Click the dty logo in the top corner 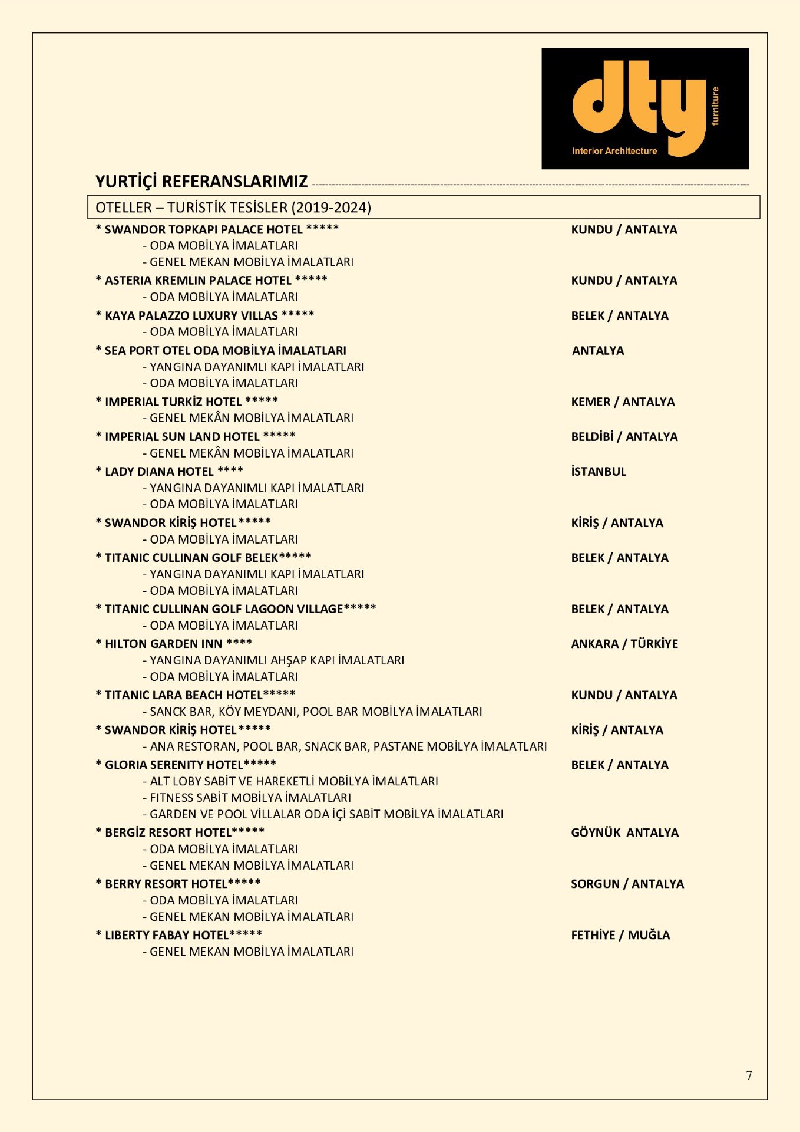pyautogui.click(x=644, y=108)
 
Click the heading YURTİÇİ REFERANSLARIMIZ pyautogui.click(x=201, y=182)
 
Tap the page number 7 pyautogui.click(x=749, y=1075)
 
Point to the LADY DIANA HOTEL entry pyautogui.click(x=169, y=472)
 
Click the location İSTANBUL pyautogui.click(x=599, y=472)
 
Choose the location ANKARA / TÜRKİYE pyautogui.click(x=624, y=644)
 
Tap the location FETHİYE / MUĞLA pyautogui.click(x=620, y=935)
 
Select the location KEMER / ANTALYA pyautogui.click(x=623, y=402)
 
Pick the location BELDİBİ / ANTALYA pyautogui.click(x=624, y=437)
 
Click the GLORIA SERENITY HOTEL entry pyautogui.click(x=186, y=765)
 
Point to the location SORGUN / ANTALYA pyautogui.click(x=627, y=884)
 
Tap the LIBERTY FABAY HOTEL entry pyautogui.click(x=178, y=935)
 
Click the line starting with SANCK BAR pyautogui.click(x=316, y=712)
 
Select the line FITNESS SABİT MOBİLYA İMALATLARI pyautogui.click(x=250, y=798)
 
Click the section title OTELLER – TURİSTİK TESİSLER pyautogui.click(x=233, y=208)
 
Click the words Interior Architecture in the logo pyautogui.click(x=614, y=151)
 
